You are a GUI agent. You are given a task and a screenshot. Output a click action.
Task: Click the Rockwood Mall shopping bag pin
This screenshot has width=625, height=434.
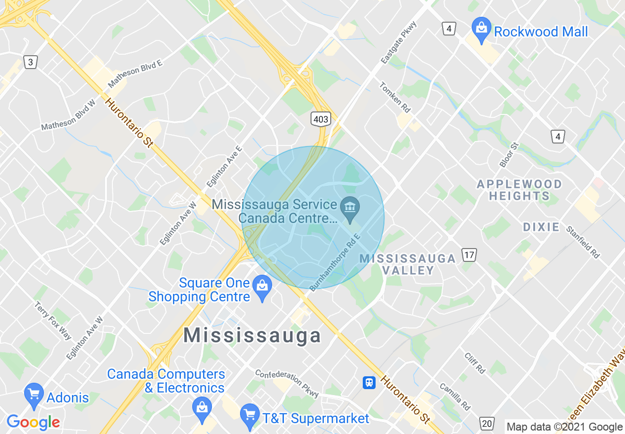[481, 29]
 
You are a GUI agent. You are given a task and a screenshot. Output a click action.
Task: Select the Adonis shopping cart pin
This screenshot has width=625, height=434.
[34, 396]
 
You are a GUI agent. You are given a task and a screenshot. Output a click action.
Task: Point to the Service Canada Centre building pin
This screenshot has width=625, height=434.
[350, 209]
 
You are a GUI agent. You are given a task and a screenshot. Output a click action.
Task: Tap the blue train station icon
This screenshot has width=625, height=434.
[369, 382]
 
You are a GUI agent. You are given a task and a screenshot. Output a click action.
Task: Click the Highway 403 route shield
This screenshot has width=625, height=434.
[320, 119]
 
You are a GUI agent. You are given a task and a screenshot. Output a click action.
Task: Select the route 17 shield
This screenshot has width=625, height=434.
[469, 255]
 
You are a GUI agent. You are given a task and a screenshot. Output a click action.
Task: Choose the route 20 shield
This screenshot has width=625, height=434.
[486, 423]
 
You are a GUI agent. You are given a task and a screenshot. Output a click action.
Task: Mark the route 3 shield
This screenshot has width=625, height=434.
[31, 62]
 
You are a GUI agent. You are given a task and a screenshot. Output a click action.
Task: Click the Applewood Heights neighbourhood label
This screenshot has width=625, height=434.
[519, 190]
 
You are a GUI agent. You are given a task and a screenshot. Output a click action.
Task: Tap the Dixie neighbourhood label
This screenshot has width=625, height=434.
[541, 227]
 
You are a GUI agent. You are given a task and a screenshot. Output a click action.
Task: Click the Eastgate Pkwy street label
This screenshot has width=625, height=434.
[399, 43]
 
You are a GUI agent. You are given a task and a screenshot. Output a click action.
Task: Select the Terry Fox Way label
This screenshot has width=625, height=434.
[53, 321]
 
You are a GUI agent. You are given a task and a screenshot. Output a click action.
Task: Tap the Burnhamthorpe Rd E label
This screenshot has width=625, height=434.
[335, 262]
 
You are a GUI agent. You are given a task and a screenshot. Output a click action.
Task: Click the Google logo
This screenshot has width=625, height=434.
[33, 422]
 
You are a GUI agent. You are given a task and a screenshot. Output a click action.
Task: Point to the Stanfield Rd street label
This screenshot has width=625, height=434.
[583, 242]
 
